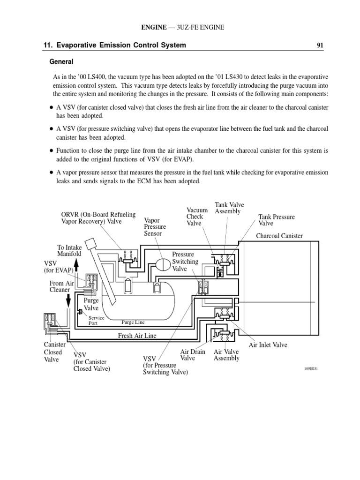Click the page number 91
[x=320, y=45]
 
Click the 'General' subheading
[x=62, y=61]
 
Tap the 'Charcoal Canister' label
[x=279, y=236]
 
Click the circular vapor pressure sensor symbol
[x=164, y=264]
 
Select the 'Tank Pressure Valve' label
[x=277, y=220]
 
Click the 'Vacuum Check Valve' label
[x=197, y=217]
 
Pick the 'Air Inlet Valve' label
[x=268, y=345]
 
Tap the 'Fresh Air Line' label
[x=137, y=336]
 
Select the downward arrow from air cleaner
[x=68, y=298]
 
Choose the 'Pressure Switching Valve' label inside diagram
[x=185, y=262]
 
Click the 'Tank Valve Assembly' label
[x=229, y=208]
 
